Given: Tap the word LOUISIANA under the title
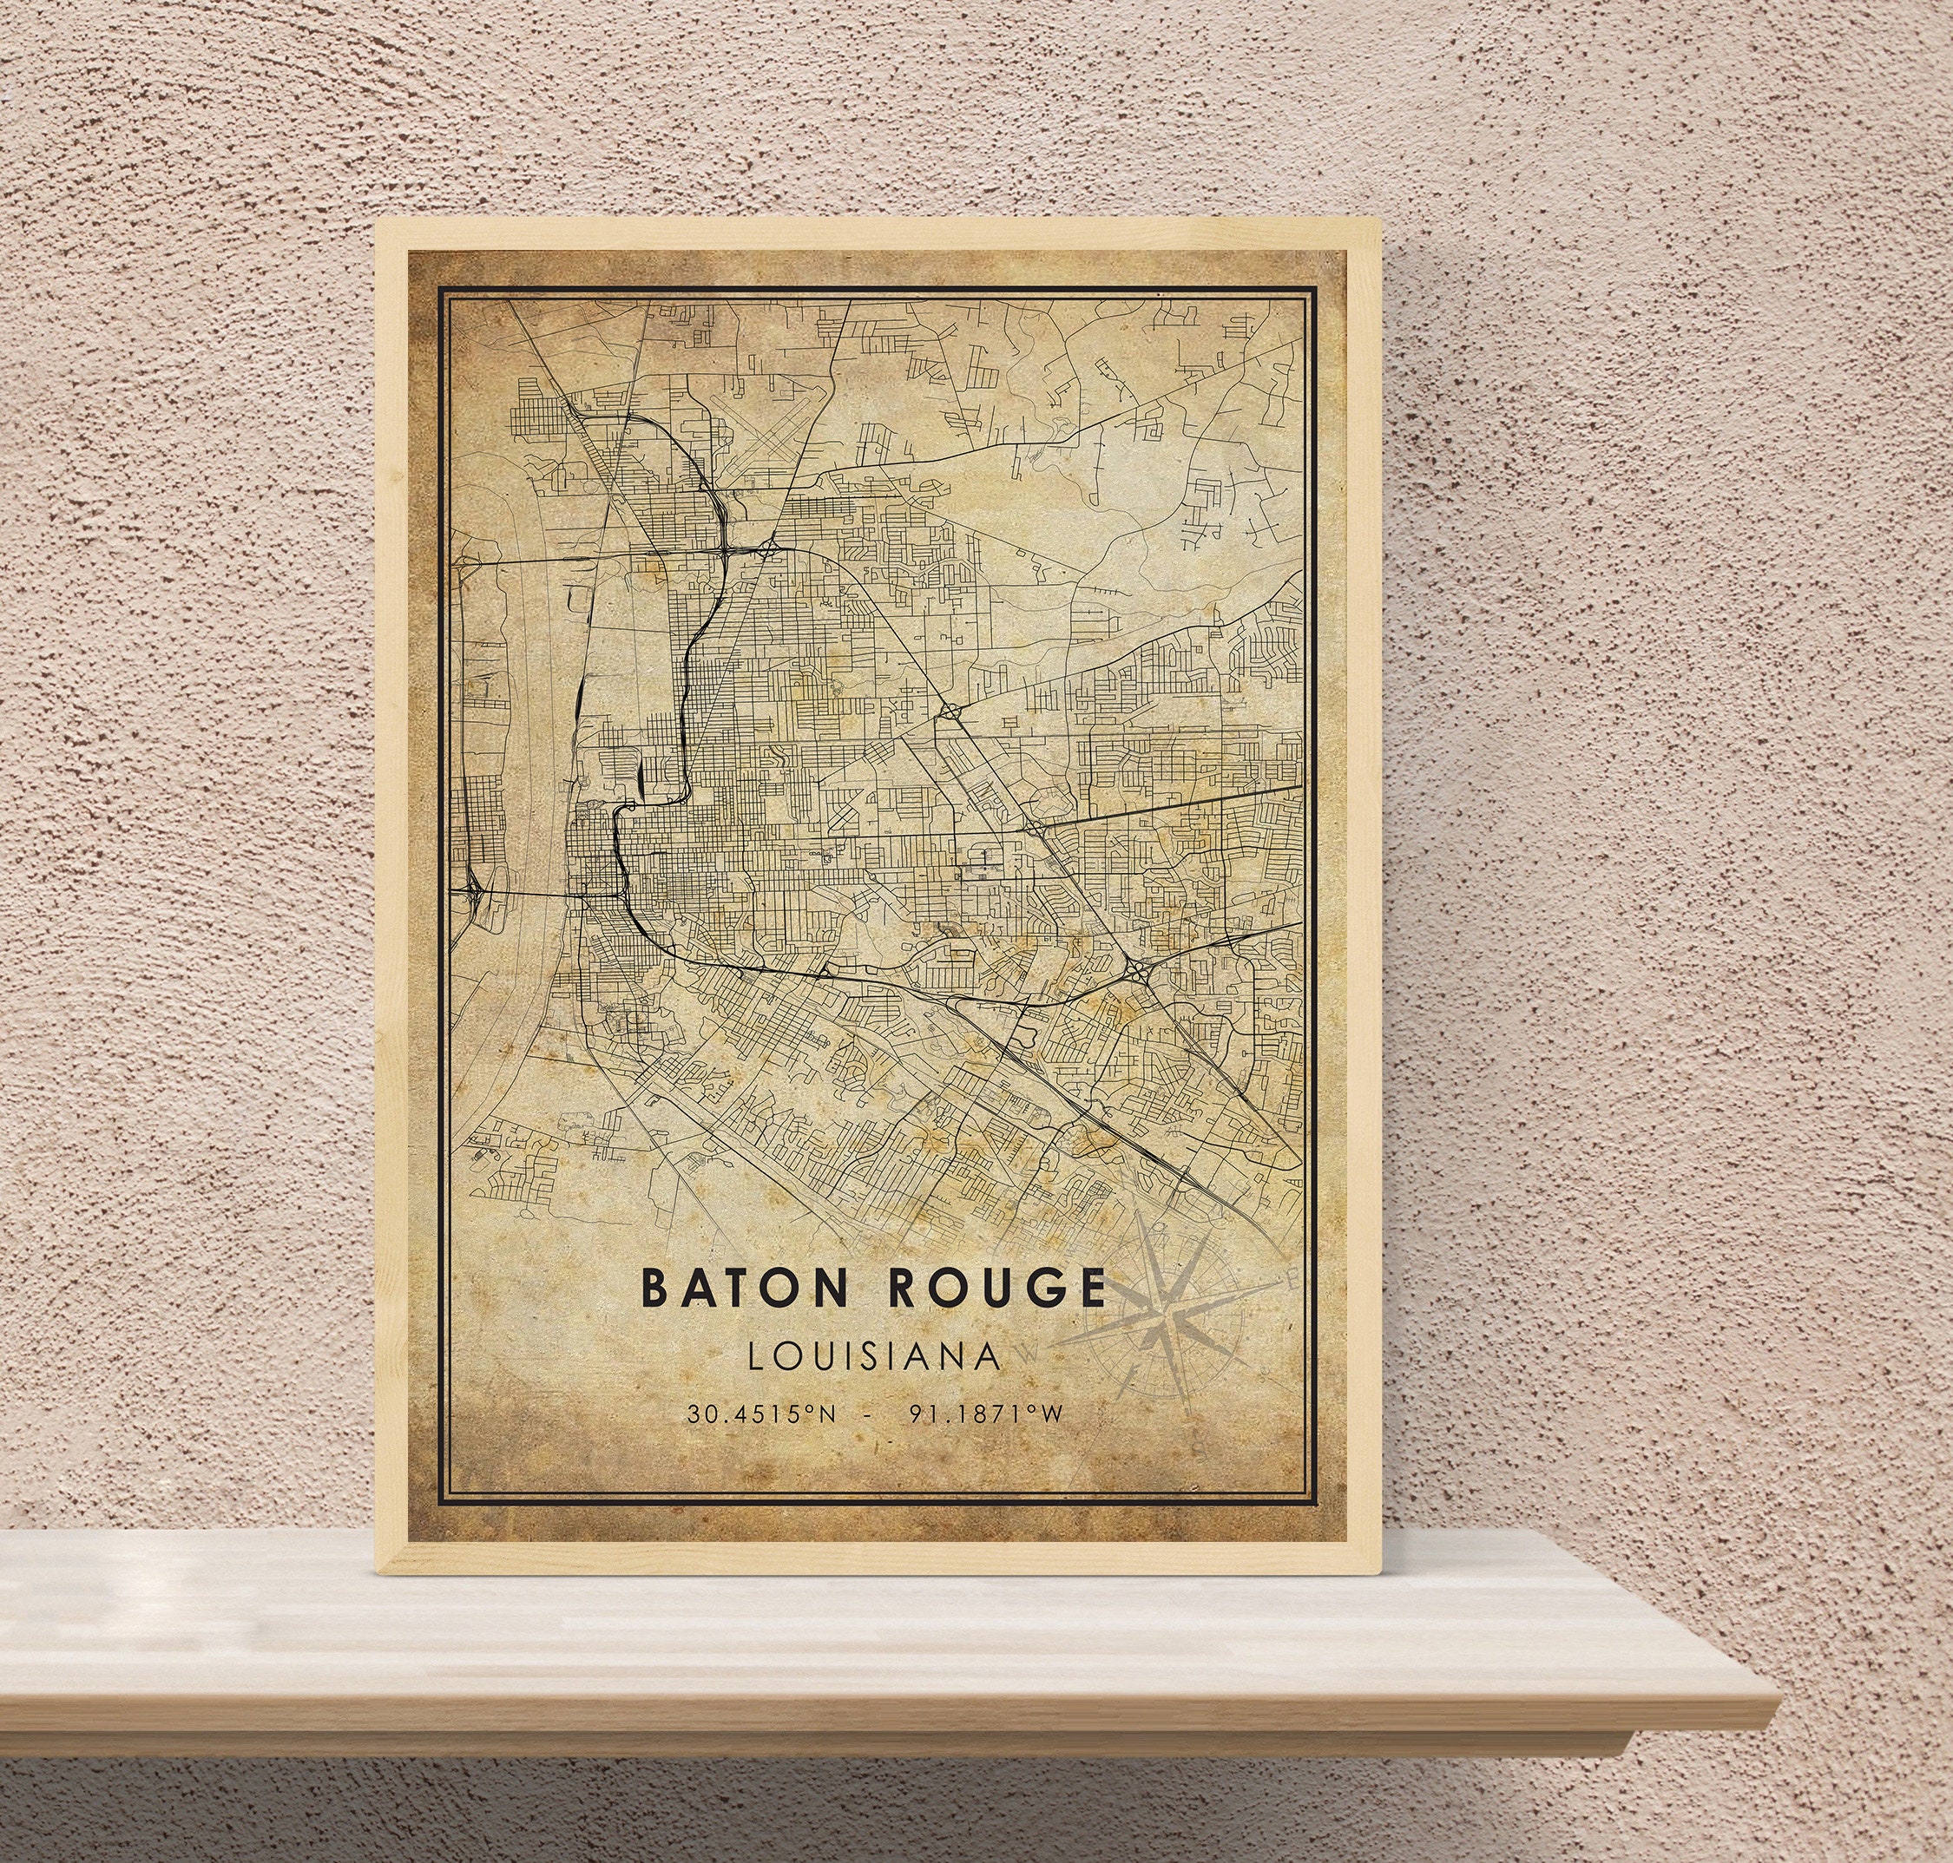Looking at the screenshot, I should tap(874, 1356).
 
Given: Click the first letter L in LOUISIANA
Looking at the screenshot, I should tap(757, 1356).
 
